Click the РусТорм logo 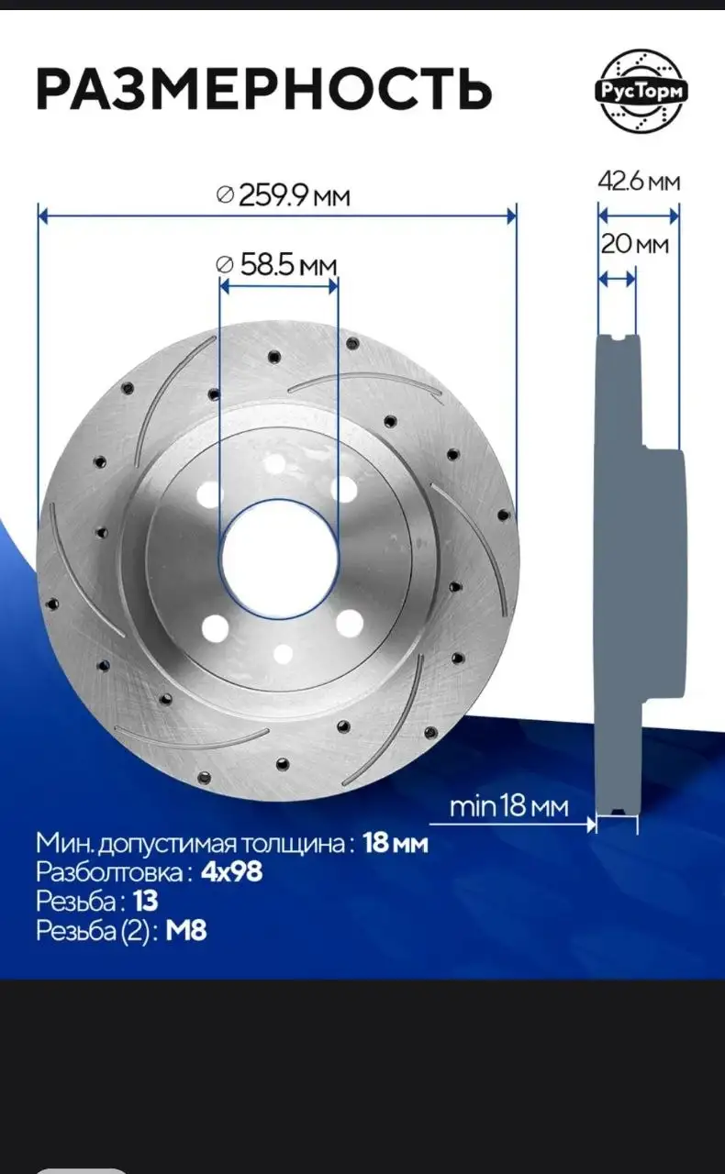pos(641,92)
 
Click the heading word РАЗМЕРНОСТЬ pos(264,89)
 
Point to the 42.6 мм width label pos(639,182)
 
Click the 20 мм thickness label pos(635,244)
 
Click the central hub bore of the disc pos(279,559)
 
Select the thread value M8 pos(186,931)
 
